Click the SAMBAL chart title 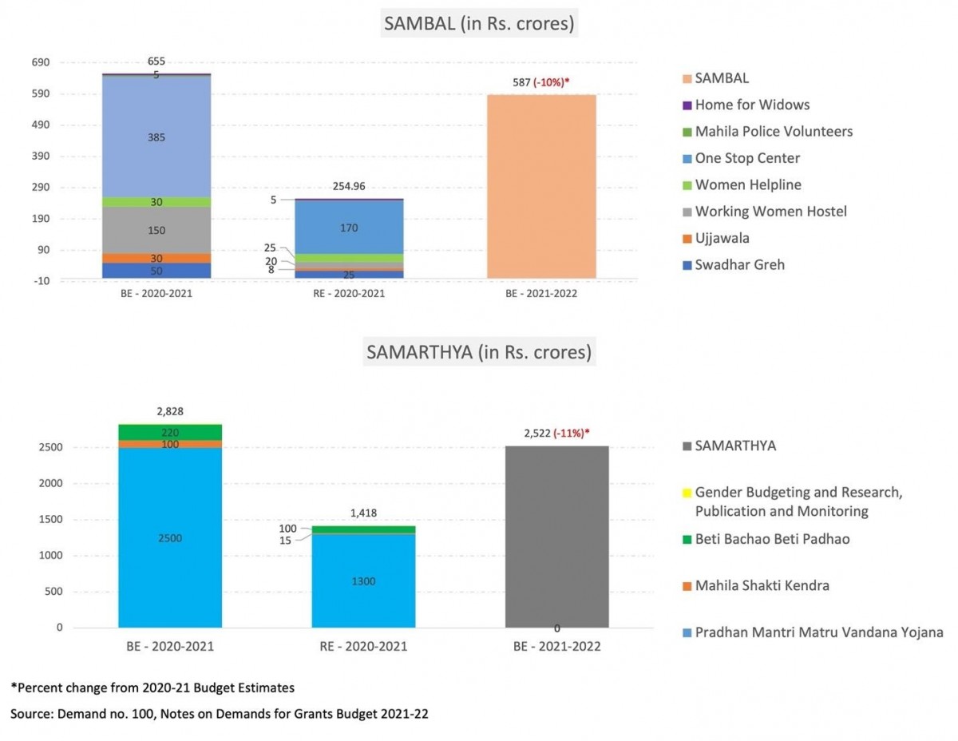(x=479, y=24)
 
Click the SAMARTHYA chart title (x=479, y=351)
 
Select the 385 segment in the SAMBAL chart (x=156, y=137)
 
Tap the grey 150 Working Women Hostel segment (x=156, y=231)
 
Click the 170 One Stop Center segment (x=348, y=228)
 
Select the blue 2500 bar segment (x=170, y=538)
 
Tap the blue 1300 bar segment (x=363, y=581)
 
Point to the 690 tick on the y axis (x=41, y=62)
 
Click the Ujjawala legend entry (x=722, y=238)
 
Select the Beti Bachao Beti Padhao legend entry (x=771, y=539)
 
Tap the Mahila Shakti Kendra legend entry (x=762, y=585)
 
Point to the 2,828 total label (x=170, y=411)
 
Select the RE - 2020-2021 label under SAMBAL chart (x=348, y=294)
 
